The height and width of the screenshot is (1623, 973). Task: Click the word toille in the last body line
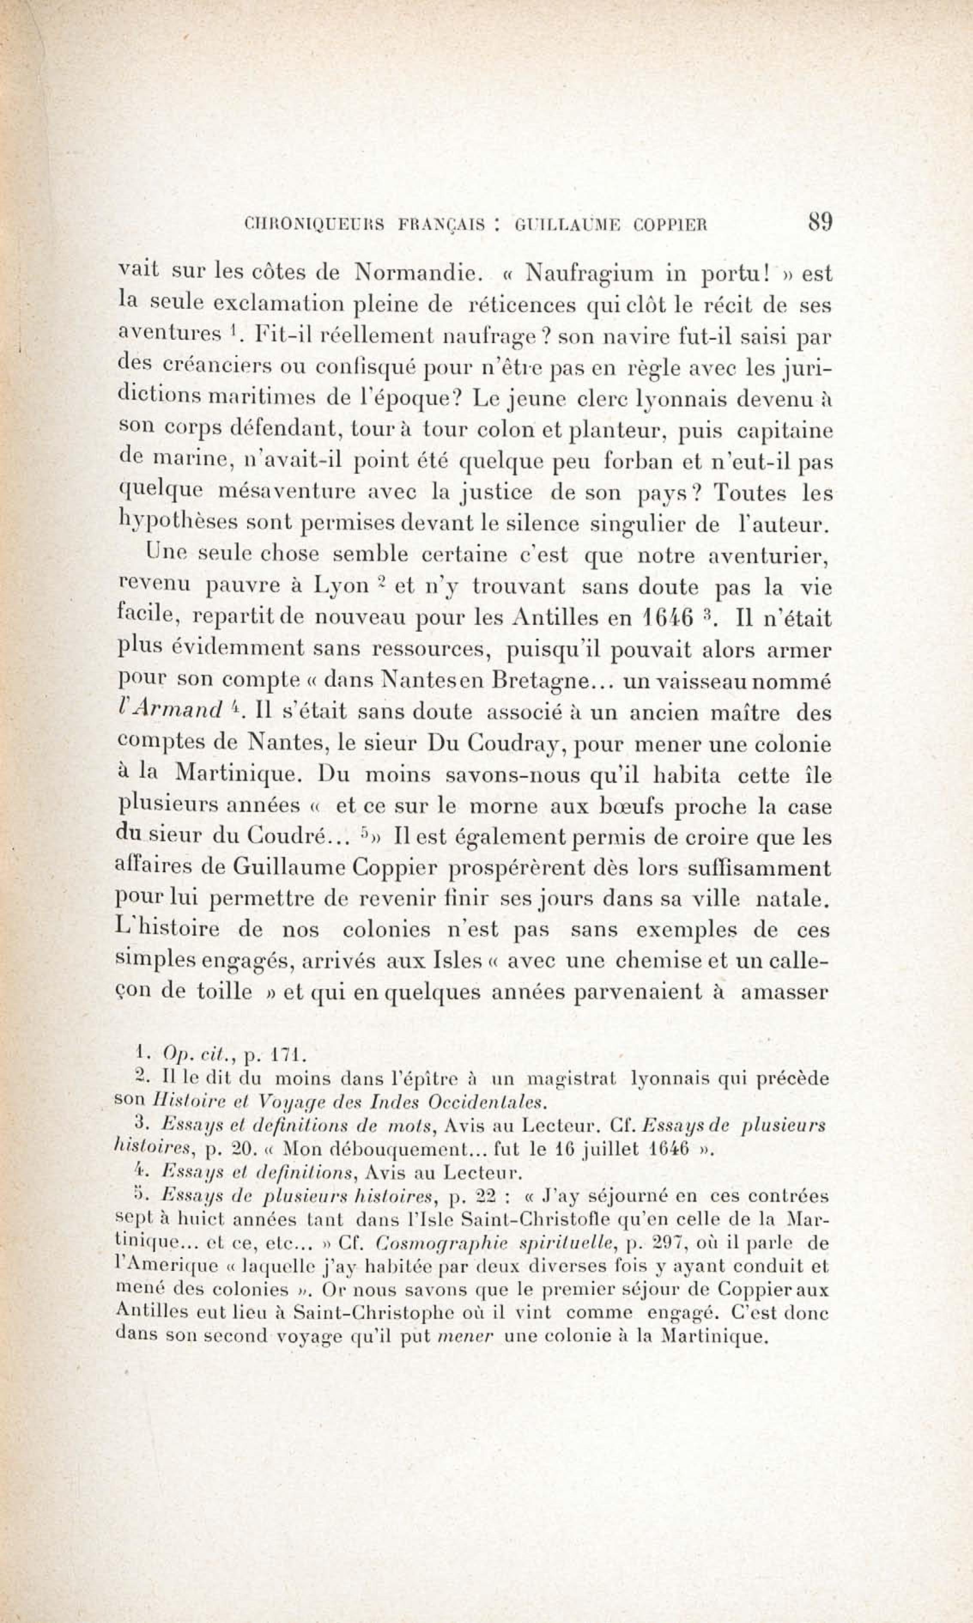click(224, 991)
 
